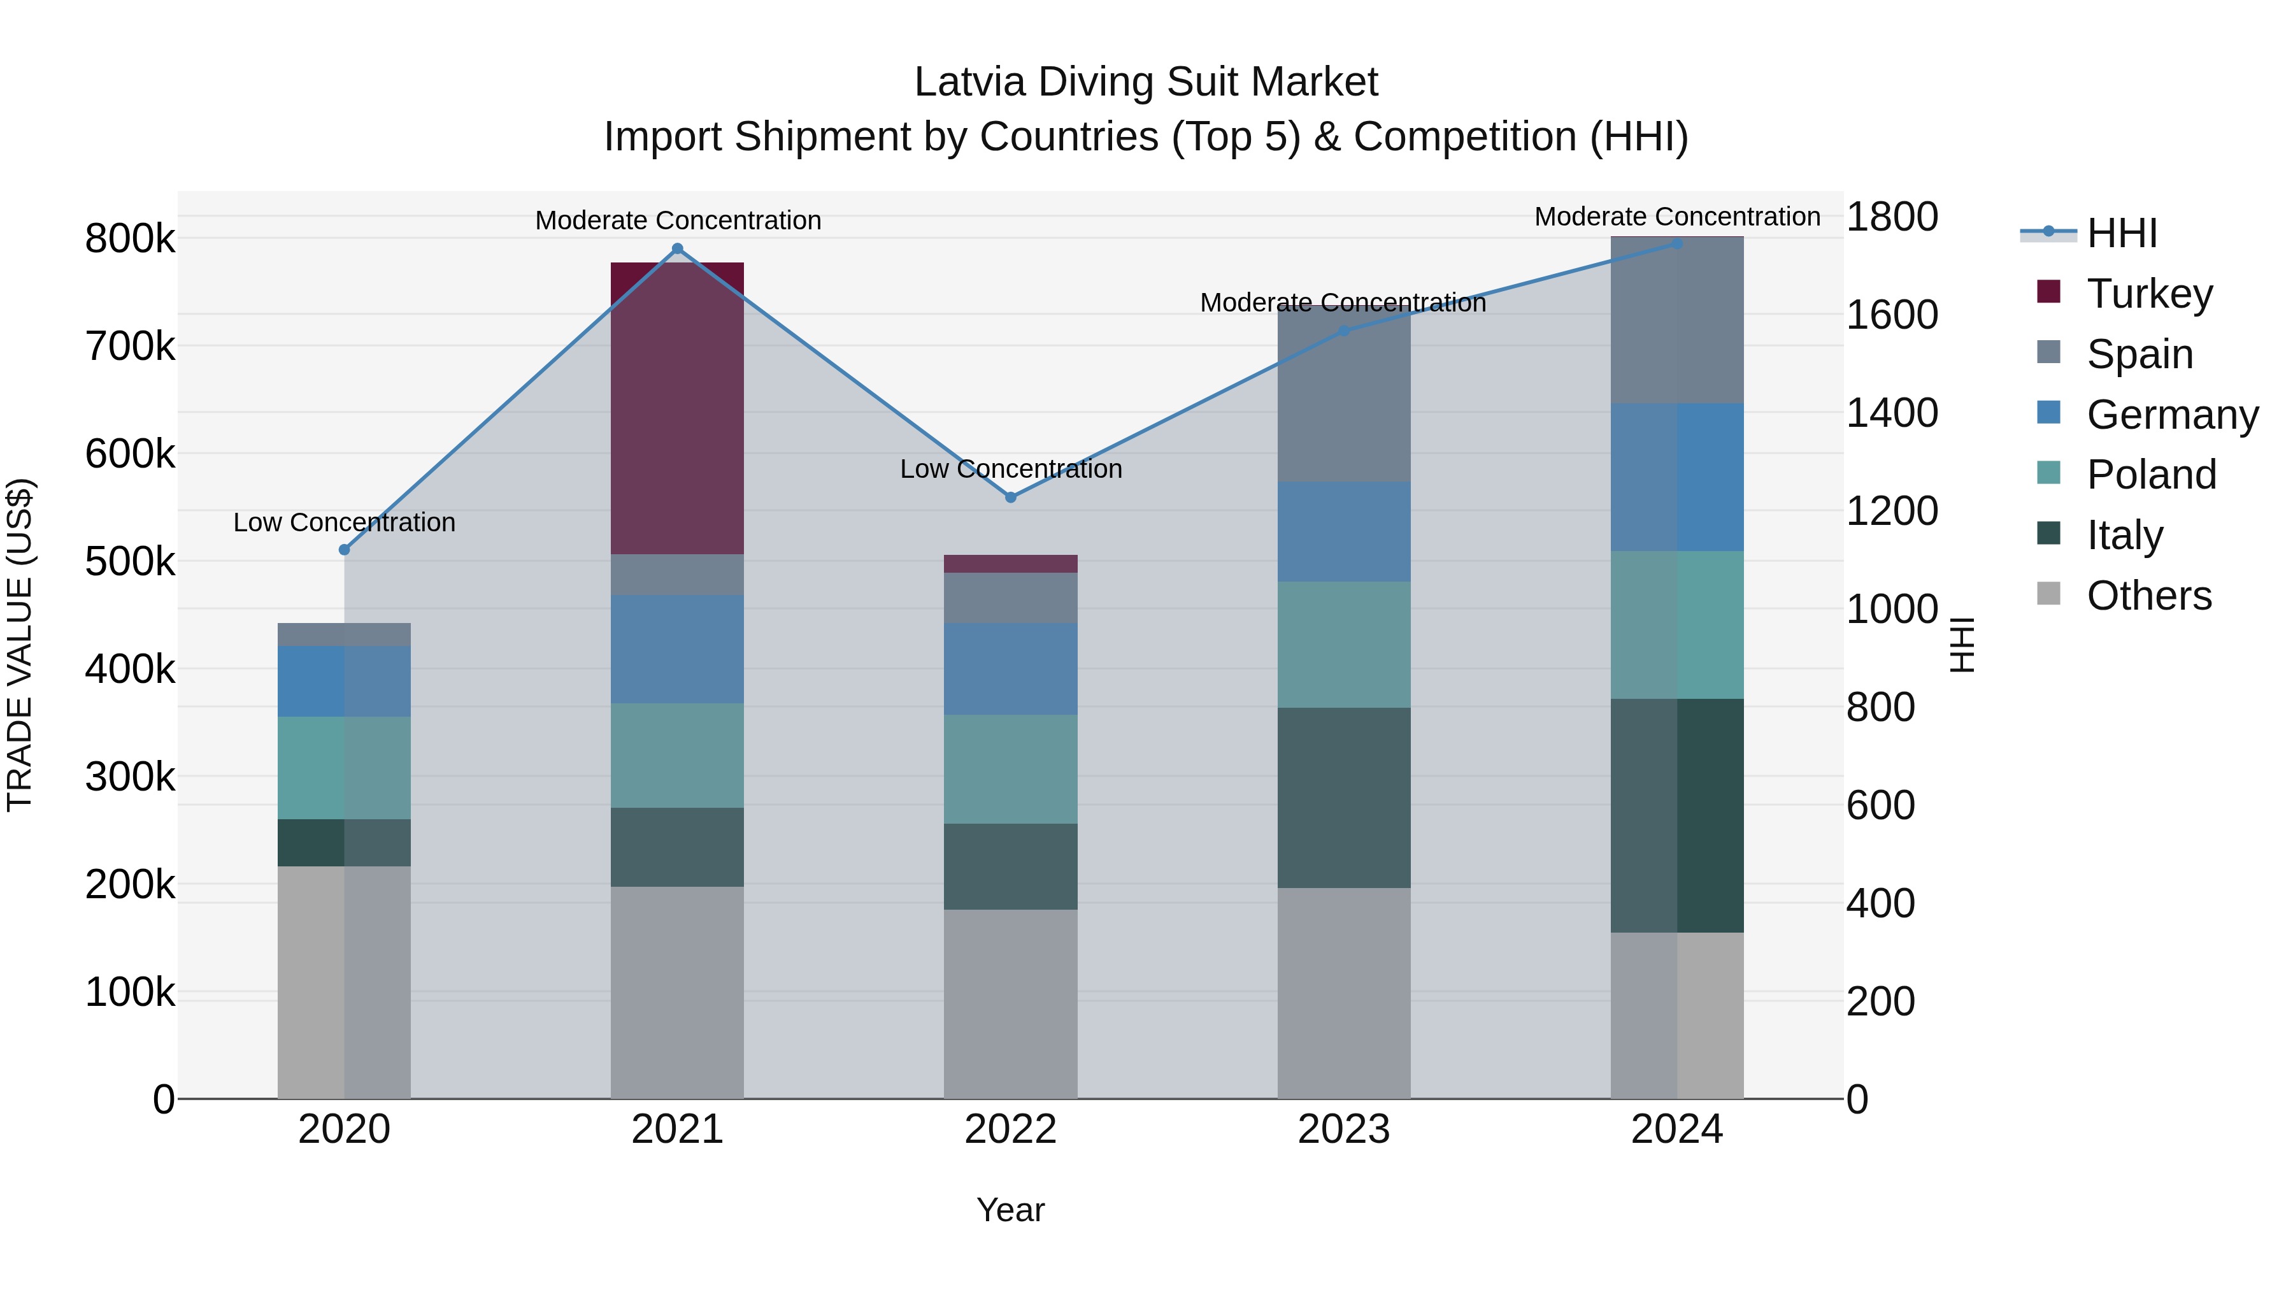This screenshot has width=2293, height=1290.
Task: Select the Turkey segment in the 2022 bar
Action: click(x=1010, y=564)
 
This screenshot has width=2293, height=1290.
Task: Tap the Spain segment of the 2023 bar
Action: click(x=1343, y=394)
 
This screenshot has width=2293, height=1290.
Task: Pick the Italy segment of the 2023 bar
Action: click(x=1343, y=797)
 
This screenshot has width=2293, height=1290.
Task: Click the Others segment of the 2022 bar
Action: click(x=1010, y=1003)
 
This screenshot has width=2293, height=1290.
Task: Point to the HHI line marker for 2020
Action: click(x=345, y=549)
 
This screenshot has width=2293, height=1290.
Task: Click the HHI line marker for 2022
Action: click(x=1010, y=497)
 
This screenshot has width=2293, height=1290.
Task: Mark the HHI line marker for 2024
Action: click(x=1677, y=243)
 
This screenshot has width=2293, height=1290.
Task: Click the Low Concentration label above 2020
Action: click(x=345, y=522)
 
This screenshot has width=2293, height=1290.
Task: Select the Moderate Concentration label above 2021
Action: click(x=678, y=220)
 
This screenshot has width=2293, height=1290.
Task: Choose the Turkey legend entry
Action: click(x=2149, y=293)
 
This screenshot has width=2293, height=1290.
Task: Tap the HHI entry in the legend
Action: click(x=2121, y=233)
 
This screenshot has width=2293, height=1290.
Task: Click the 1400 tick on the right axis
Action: click(x=1892, y=412)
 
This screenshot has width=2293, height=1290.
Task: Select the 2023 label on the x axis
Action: click(x=1343, y=1129)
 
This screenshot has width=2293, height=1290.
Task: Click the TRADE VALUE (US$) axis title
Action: click(x=20, y=645)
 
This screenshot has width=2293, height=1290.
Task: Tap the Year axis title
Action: click(x=1010, y=1210)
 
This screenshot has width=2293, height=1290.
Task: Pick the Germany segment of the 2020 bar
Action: click(x=345, y=681)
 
